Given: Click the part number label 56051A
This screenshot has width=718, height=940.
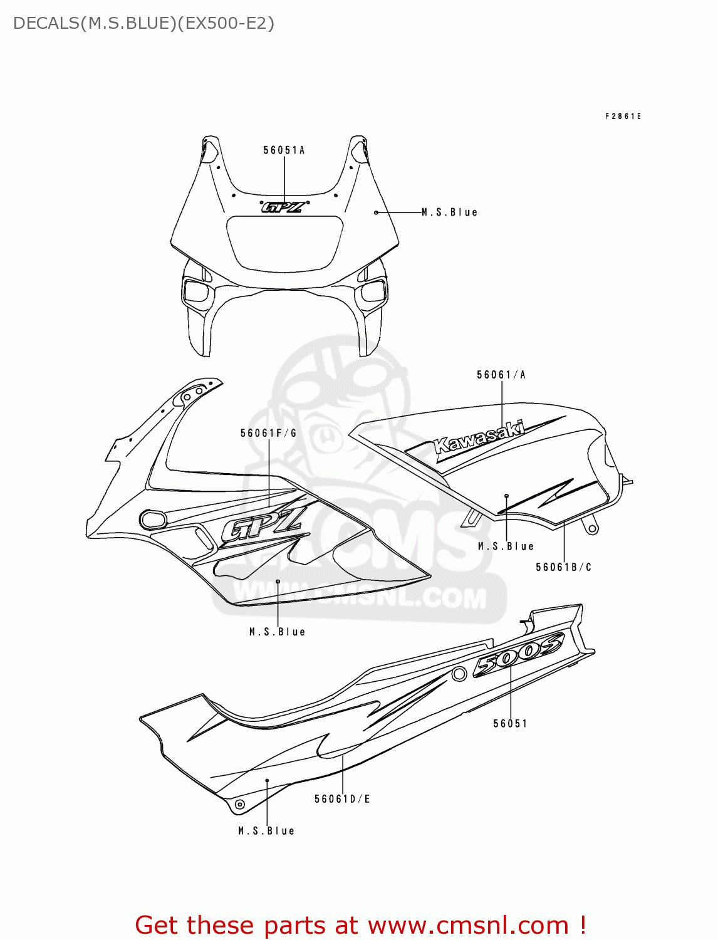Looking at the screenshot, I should coord(284,150).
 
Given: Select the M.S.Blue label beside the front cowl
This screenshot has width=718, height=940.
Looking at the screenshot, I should coord(450,212).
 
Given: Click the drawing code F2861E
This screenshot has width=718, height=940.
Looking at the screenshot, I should coord(623,117).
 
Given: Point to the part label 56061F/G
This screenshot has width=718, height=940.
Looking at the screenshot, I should coord(268,433).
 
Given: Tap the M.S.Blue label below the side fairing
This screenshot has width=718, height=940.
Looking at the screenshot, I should coord(278,632).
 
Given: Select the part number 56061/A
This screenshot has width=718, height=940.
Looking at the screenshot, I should coord(501,375).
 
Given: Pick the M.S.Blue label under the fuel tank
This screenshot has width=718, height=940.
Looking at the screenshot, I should coord(506,546).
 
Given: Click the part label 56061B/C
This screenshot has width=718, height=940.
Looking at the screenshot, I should coord(564,567).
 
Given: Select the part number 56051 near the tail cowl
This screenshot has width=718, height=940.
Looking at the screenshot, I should coord(510,724).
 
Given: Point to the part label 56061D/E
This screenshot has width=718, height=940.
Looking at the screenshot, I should coord(342,799).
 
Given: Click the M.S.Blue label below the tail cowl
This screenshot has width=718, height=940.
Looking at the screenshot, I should coord(266,831).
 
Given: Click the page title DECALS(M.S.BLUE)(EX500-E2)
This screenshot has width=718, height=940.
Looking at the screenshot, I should coord(143,24).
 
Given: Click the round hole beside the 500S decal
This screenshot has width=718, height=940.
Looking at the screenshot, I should coord(459,674).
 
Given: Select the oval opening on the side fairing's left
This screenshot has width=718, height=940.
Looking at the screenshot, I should coord(153,519).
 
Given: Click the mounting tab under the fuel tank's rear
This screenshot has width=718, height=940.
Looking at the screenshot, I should coord(590,525).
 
